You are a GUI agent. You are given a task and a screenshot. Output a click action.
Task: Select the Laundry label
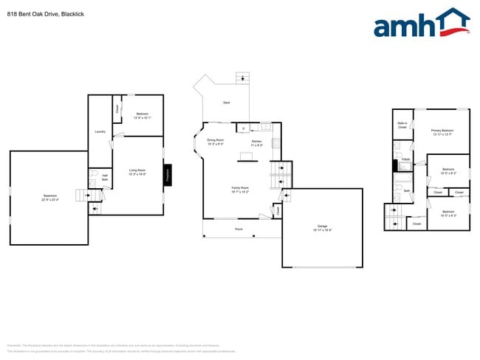(x=100, y=132)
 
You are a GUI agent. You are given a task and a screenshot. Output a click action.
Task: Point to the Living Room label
(x=137, y=170)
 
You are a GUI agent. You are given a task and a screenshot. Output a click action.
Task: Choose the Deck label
(x=226, y=103)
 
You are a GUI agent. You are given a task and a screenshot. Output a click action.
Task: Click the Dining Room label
(x=215, y=139)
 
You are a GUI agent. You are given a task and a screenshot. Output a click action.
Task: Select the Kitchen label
(x=256, y=141)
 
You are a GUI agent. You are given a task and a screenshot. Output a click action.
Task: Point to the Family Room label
(x=240, y=187)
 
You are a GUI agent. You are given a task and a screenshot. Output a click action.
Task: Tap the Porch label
(x=239, y=229)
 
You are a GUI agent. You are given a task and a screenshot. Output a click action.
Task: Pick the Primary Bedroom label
(x=442, y=131)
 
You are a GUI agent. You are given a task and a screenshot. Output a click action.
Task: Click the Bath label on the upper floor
(x=407, y=190)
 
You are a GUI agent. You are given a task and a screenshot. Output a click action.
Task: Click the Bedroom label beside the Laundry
(x=143, y=114)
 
